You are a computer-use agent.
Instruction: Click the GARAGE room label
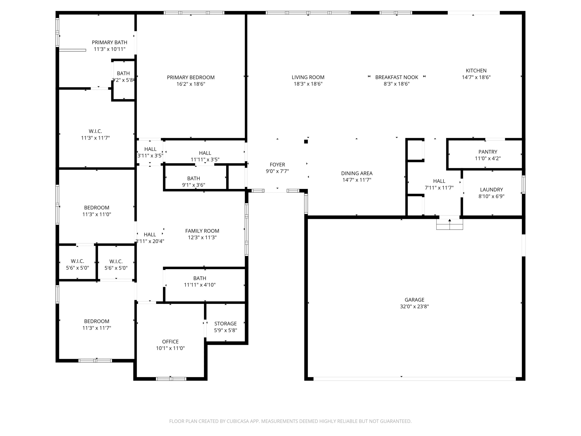click(x=414, y=300)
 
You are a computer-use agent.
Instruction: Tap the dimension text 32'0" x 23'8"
click(x=414, y=306)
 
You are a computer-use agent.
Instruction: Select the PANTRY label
click(x=487, y=152)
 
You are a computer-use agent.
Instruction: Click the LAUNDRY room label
click(x=491, y=190)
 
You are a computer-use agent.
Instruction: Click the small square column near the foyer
click(x=306, y=142)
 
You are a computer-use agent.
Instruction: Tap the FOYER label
click(x=277, y=165)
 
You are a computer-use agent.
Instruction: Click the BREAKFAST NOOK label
click(x=396, y=77)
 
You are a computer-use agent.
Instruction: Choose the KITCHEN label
click(x=476, y=70)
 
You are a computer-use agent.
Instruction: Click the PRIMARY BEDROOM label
click(x=191, y=77)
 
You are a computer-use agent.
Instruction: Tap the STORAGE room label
click(x=225, y=324)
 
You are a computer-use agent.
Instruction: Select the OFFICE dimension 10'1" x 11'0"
click(x=170, y=348)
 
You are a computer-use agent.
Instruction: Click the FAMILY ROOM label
click(x=202, y=231)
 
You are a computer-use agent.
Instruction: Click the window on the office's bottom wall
click(x=171, y=379)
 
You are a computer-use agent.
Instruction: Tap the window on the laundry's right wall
click(x=523, y=184)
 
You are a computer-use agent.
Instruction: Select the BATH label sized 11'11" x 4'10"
click(x=200, y=278)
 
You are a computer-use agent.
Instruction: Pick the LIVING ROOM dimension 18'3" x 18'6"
click(x=308, y=84)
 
